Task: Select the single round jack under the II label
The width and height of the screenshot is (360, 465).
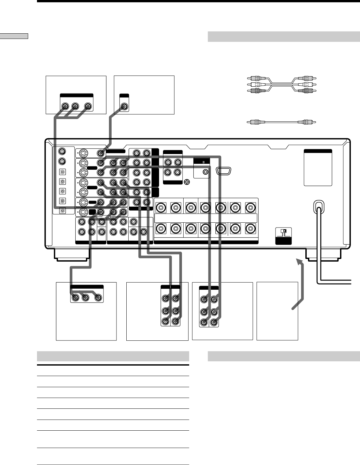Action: pos(205,172)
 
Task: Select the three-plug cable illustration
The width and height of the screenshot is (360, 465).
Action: pos(281,84)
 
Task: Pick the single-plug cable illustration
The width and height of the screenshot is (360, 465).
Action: pos(281,122)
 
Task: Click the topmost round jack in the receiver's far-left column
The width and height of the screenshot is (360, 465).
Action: pos(63,151)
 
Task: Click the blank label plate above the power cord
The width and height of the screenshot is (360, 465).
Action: pos(318,167)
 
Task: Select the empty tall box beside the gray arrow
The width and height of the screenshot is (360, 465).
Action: pos(277,311)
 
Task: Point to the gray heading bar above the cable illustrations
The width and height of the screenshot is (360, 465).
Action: pos(284,37)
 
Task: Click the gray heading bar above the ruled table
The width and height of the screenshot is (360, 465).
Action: pos(113,356)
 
